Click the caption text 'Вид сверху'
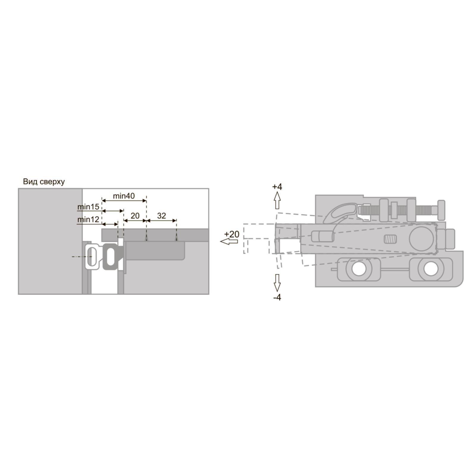pos(44,182)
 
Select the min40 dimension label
pos(124,196)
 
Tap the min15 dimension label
pos(88,206)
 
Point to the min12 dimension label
pos(88,220)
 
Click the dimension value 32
pos(161,216)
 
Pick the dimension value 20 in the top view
pos(135,216)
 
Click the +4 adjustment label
pos(277,187)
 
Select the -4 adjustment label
pos(277,297)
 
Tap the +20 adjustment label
pos(232,234)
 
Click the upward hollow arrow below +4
pos(277,200)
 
